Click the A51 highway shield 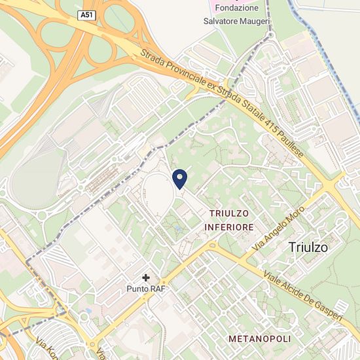click(x=85, y=14)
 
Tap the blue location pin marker click(x=180, y=178)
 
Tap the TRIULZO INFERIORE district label click(x=230, y=220)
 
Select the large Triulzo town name click(x=308, y=248)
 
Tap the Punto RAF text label click(x=145, y=288)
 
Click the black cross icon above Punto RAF click(x=146, y=278)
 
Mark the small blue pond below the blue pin click(x=177, y=229)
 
